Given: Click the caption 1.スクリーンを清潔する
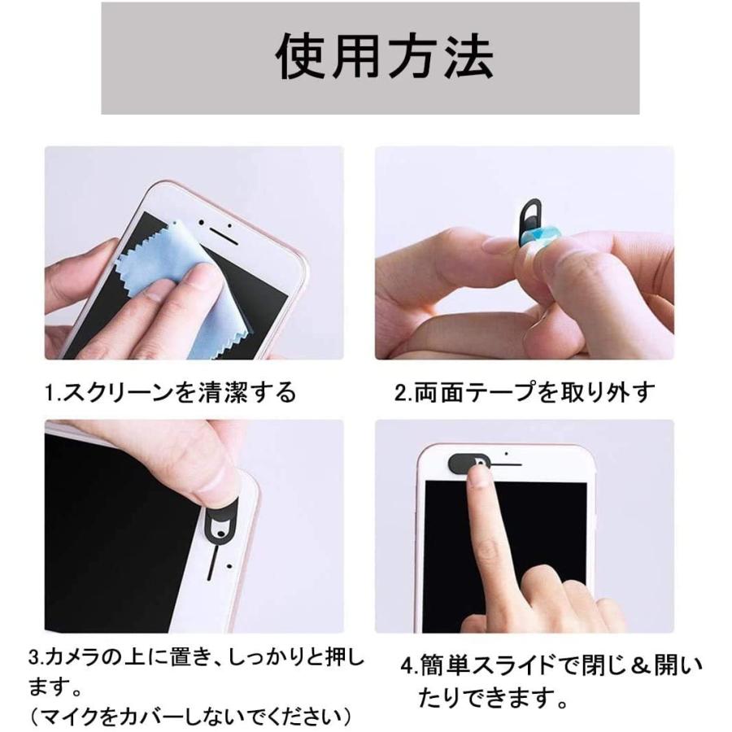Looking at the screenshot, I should click(x=170, y=394).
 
